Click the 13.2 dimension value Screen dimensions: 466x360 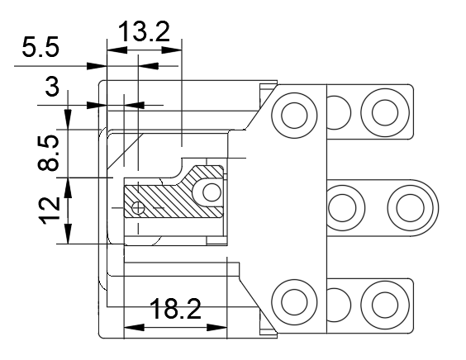144,31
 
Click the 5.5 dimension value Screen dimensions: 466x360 40,47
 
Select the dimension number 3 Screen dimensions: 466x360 52,86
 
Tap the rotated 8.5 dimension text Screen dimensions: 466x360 49,153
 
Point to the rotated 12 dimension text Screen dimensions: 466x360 49,211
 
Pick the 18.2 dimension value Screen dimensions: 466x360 175,309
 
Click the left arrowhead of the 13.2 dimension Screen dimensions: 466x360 116,50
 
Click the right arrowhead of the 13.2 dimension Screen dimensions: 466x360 172,50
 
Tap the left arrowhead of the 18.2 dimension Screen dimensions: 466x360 134,328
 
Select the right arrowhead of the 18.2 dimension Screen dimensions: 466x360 216,328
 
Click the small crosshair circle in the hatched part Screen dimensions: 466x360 138,207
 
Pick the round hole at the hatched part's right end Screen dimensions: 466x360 212,192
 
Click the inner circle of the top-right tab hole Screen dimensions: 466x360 385,112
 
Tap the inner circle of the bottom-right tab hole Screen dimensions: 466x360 385,305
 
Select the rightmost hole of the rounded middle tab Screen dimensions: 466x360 410,207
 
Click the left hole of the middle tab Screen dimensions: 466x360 342,207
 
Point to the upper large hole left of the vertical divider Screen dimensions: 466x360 294,116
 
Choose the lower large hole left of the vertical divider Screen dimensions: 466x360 294,302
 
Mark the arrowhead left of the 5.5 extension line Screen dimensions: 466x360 97,66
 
